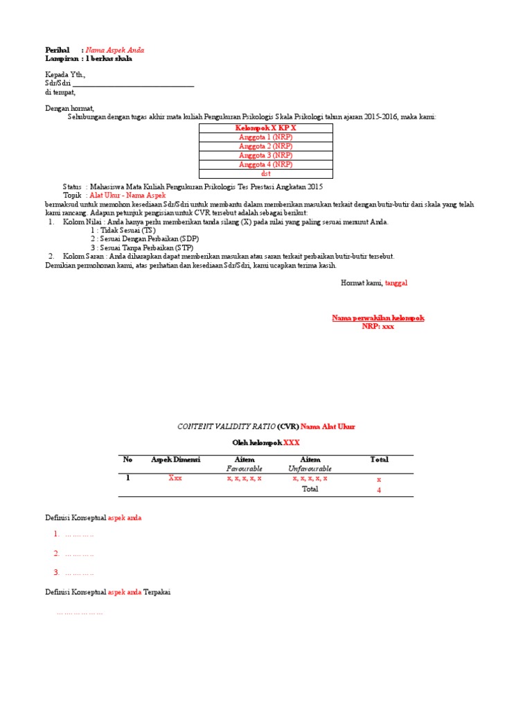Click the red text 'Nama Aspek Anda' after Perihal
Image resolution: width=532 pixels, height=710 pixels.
(x=115, y=51)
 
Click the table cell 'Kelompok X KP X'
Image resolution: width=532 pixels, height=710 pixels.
(x=266, y=128)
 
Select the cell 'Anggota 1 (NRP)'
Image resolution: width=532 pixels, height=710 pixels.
(x=266, y=137)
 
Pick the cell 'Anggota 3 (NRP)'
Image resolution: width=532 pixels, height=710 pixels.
(x=266, y=155)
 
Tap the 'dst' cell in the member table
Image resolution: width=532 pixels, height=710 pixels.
(x=266, y=173)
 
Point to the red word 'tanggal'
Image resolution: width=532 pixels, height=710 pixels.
(x=398, y=283)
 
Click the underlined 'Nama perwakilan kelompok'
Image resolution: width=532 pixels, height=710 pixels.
(x=378, y=318)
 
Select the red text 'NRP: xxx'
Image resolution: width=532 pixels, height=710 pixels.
(x=378, y=326)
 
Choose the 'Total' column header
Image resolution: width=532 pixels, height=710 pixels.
(x=379, y=460)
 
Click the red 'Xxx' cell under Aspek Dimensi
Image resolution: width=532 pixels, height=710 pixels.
(x=175, y=479)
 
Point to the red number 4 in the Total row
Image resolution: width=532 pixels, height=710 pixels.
(x=379, y=490)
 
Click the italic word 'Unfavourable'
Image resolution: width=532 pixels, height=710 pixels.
(x=310, y=469)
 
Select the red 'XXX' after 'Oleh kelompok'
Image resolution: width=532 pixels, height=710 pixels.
(x=292, y=442)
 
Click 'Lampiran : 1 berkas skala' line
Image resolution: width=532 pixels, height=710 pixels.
(x=89, y=59)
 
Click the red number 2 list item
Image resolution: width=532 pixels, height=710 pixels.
(x=56, y=553)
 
